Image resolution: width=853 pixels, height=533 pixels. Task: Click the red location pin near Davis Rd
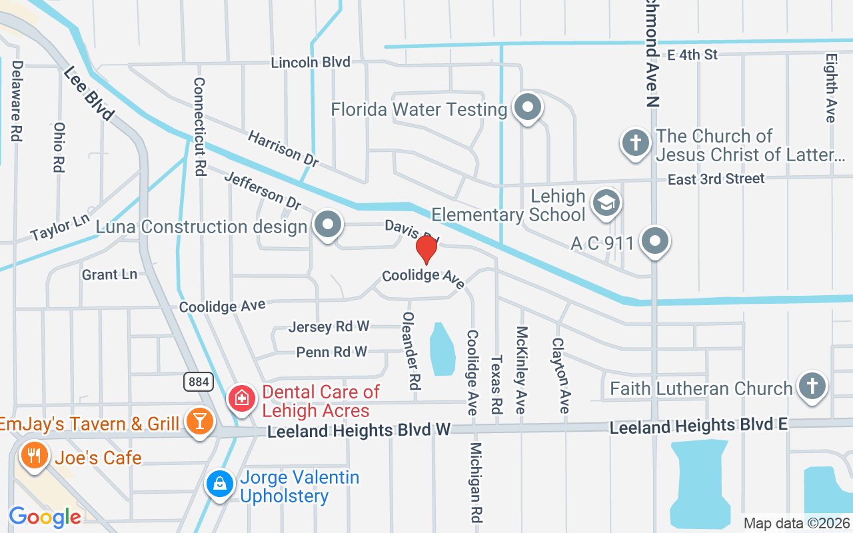(x=426, y=249)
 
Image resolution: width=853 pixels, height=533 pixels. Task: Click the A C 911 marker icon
(x=655, y=241)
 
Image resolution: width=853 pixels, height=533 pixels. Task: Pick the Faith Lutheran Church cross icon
(x=812, y=386)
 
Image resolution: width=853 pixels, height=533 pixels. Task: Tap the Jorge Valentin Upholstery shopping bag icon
(x=219, y=484)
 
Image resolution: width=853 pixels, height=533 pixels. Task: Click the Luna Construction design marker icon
(x=327, y=225)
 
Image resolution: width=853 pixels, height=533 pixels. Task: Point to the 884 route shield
(x=199, y=382)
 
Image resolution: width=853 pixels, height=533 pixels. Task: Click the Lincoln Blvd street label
(x=311, y=62)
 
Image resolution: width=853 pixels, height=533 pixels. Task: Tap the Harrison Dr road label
(x=283, y=149)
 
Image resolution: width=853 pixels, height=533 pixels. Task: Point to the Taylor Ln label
(x=60, y=226)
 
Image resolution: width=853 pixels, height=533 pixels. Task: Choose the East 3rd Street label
(x=716, y=179)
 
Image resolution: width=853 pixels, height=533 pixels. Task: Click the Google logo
(x=45, y=516)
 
